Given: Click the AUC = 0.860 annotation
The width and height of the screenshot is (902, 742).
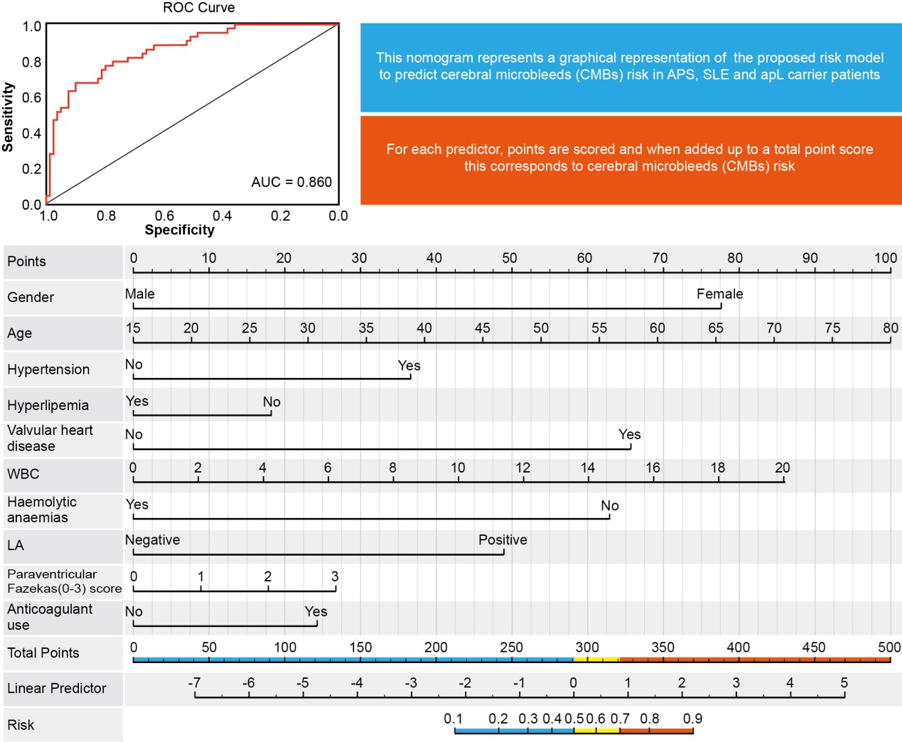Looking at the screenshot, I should (291, 182).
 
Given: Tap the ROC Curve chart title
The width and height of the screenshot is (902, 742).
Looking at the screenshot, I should (198, 8).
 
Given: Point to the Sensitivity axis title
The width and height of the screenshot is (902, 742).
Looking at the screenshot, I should (8, 117).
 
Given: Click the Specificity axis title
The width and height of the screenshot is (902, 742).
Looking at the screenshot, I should (179, 230).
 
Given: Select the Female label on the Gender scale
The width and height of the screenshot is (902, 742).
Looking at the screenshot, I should (719, 294).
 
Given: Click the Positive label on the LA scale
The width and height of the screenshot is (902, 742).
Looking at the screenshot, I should (503, 539).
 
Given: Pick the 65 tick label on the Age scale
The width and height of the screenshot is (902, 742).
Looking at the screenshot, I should (715, 328).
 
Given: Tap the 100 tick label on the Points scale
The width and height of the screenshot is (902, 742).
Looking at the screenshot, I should (885, 258).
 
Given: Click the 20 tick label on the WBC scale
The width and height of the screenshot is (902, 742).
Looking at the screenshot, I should (782, 468).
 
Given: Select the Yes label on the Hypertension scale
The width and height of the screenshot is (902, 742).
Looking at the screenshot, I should (409, 365).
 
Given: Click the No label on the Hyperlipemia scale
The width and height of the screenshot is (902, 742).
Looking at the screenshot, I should (272, 402).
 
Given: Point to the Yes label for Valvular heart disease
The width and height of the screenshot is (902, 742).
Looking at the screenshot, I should (629, 434).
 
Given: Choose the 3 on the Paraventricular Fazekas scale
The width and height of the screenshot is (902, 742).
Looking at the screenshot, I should (334, 576).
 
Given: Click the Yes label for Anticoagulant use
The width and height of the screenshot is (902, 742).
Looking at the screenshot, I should (316, 611).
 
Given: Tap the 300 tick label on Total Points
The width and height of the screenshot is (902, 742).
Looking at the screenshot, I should (586, 647).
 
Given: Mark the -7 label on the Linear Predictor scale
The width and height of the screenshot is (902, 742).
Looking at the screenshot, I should (194, 682).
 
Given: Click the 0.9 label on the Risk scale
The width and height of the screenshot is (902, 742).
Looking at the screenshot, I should (692, 719).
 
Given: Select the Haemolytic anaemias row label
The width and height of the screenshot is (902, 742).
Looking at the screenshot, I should (41, 510).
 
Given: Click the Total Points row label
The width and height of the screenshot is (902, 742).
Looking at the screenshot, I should (43, 652).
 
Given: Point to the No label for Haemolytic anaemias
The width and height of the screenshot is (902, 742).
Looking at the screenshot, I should (609, 505).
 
